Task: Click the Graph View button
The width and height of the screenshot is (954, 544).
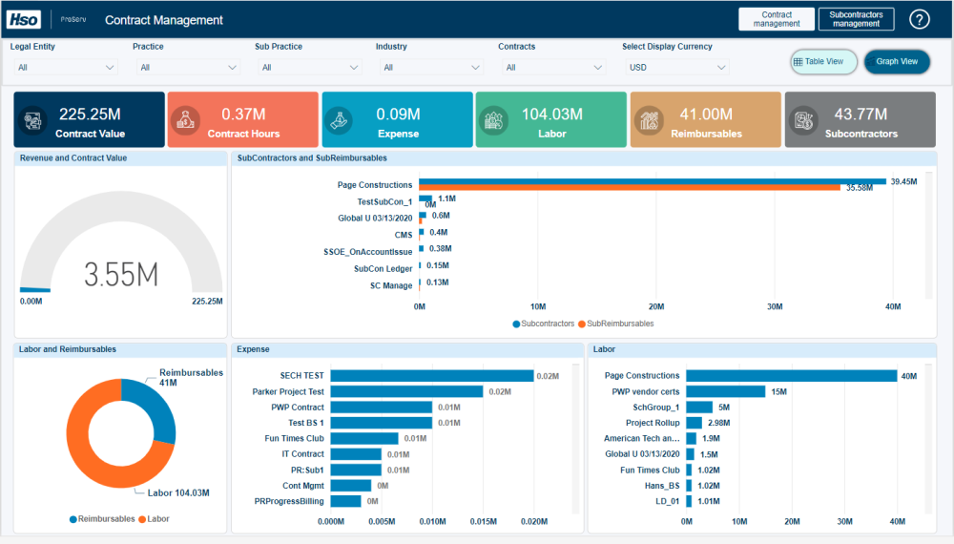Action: [897, 62]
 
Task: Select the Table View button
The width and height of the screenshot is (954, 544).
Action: [823, 62]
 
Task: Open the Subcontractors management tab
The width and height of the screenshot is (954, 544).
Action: [856, 19]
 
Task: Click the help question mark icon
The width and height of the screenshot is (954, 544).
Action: [919, 19]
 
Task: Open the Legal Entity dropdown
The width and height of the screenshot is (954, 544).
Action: [65, 68]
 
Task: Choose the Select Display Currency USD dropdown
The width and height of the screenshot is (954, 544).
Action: [677, 68]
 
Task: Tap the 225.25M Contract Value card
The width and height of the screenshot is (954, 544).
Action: [89, 120]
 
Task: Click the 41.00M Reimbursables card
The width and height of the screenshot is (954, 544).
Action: [705, 120]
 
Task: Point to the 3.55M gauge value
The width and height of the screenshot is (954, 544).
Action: [121, 274]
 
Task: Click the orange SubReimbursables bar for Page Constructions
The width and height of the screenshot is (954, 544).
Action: [630, 188]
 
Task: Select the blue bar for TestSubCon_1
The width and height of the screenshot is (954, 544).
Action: [425, 199]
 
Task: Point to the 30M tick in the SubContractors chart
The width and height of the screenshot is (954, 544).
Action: [775, 307]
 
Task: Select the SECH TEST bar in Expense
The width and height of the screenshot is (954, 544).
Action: [432, 376]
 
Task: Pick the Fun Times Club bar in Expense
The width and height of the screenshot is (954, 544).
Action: [364, 438]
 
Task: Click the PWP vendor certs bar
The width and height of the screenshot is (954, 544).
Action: [726, 391]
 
